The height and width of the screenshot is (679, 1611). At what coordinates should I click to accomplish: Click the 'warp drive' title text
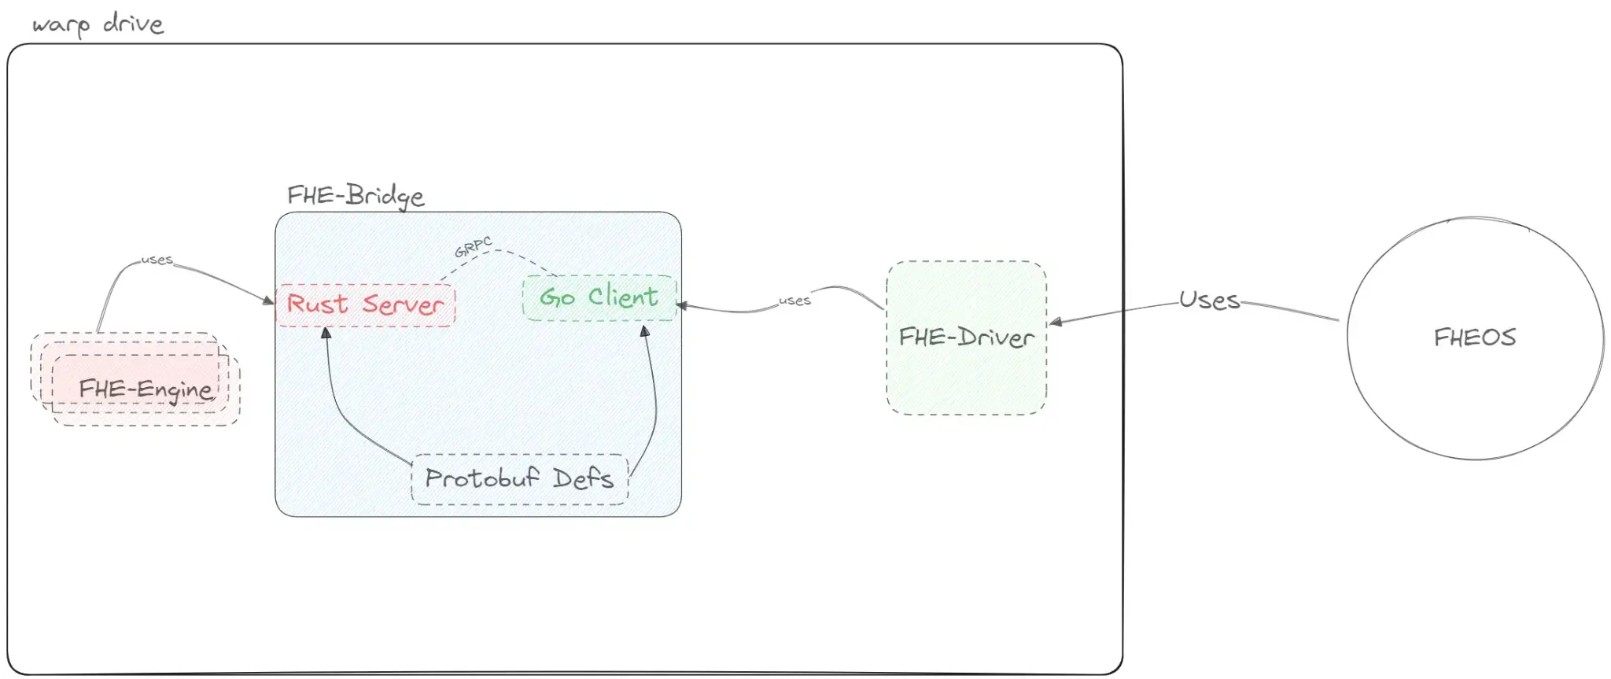click(98, 24)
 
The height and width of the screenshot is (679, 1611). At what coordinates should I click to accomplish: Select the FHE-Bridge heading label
click(355, 196)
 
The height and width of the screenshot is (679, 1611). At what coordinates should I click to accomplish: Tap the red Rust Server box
click(365, 304)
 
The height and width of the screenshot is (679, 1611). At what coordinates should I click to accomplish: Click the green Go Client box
click(599, 297)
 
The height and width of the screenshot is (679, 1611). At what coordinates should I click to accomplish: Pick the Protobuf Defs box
click(519, 478)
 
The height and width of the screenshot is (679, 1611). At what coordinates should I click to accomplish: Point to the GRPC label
click(473, 247)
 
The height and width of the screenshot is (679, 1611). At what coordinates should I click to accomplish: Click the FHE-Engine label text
click(146, 389)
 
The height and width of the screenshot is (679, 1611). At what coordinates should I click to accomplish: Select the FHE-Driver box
click(966, 338)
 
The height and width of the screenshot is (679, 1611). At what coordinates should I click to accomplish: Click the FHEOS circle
click(1474, 338)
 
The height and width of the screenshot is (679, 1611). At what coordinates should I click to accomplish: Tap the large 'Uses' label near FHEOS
click(1209, 300)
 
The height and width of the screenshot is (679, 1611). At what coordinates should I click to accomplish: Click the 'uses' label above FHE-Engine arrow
click(157, 260)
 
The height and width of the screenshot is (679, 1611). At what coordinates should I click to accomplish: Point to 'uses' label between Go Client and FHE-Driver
click(794, 301)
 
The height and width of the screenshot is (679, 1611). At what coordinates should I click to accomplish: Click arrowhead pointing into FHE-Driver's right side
click(1056, 321)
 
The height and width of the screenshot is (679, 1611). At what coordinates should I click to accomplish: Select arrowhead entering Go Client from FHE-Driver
click(682, 305)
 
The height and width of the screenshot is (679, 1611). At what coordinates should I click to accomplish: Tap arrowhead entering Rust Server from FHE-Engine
click(268, 300)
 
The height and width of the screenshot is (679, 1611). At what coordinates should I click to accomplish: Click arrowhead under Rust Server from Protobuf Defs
click(326, 334)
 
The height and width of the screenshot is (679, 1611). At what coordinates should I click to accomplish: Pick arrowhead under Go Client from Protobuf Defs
click(645, 332)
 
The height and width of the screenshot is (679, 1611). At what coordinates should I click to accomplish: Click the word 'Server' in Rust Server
click(403, 304)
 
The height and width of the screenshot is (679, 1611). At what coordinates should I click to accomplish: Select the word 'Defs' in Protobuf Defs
click(582, 478)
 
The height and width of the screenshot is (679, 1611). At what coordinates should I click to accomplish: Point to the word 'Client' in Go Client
click(623, 297)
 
